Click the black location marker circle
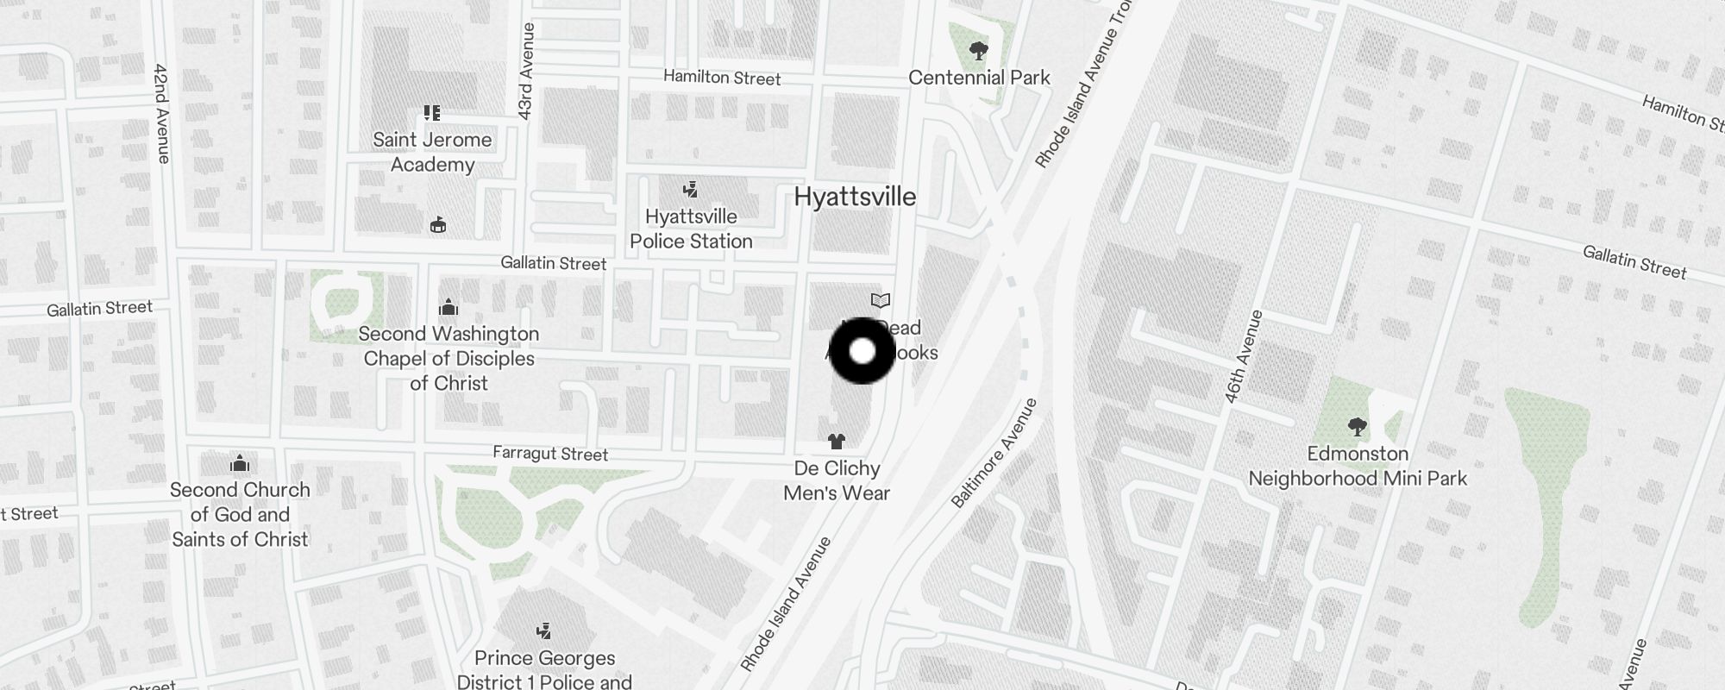pos(862,351)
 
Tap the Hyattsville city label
pos(854,197)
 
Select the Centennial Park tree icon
pos(978,51)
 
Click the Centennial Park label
pos(979,78)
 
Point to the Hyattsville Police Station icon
pos(690,190)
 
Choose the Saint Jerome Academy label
pos(432,152)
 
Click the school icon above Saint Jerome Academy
pos(432,113)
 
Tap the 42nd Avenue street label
pos(161,112)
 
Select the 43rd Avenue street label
pos(526,71)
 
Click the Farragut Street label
pos(550,454)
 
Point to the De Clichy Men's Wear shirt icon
pos(836,442)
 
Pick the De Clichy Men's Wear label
pos(837,480)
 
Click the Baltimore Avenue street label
pos(994,454)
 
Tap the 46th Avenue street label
pos(1243,356)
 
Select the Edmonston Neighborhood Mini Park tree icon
pos(1357,426)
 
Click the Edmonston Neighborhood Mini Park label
pos(1358,466)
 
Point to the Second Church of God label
pos(240,514)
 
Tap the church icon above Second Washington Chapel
pos(448,307)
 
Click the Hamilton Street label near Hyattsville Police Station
pos(722,78)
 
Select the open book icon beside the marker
pos(880,301)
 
